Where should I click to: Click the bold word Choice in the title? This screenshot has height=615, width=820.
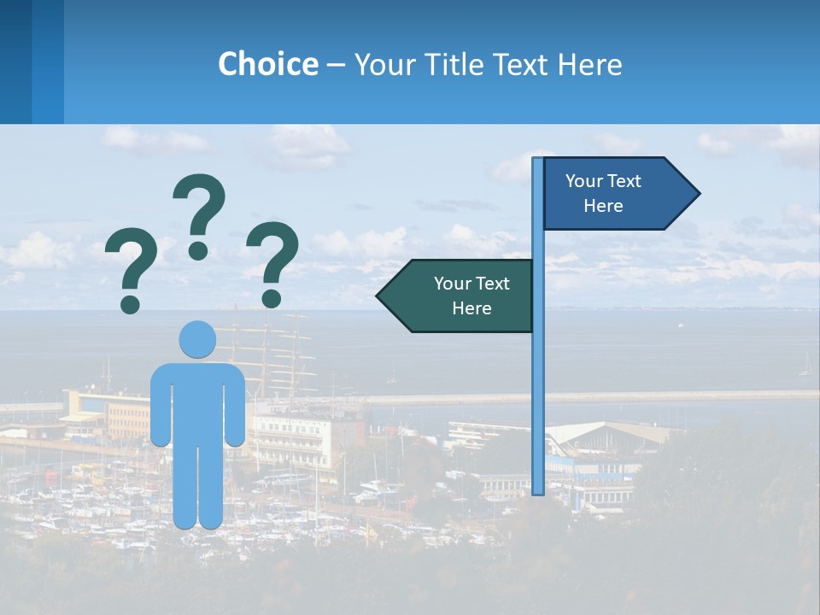coord(267,64)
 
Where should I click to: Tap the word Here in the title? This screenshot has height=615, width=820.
coord(589,64)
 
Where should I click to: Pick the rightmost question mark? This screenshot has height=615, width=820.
coord(272,261)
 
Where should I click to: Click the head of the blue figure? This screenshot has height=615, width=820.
coord(198,339)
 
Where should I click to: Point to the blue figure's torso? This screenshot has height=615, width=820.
coord(198,401)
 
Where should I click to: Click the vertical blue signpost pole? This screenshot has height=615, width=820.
coord(538,384)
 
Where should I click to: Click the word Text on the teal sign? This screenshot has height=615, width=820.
coord(492,284)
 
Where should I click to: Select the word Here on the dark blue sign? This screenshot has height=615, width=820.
coord(603,206)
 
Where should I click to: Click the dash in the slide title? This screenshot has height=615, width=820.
coord(336,65)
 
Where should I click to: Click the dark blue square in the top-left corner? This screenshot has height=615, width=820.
coord(15,61)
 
